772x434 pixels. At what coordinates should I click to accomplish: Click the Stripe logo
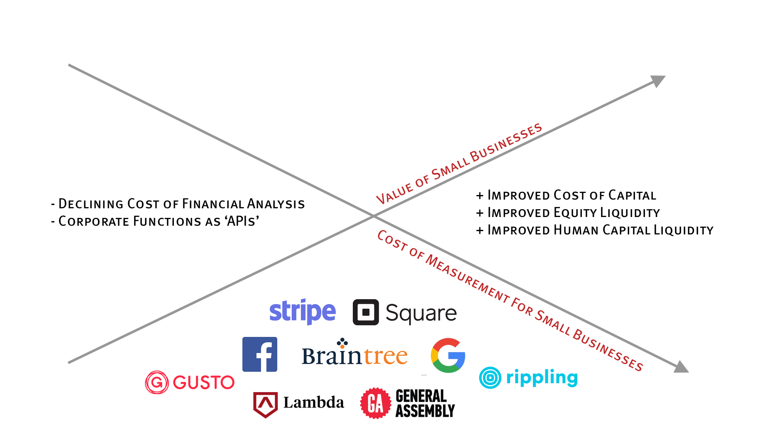pos(302,312)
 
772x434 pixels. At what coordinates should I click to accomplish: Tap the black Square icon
pos(366,312)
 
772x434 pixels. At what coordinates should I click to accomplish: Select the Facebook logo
pos(260,354)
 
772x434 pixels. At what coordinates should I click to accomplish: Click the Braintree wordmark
pos(354,356)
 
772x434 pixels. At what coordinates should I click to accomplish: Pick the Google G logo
pos(448,356)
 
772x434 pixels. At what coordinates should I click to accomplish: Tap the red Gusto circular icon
pos(157,382)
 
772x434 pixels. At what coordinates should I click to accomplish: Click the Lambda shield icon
pos(265,404)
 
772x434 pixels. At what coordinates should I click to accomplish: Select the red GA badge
pos(376,403)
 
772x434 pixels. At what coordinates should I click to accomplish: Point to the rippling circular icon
pos(490,378)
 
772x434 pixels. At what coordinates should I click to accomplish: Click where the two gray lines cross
pos(373,216)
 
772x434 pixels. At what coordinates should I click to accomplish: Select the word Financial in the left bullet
pos(213,204)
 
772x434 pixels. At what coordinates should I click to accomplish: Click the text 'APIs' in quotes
pos(242,221)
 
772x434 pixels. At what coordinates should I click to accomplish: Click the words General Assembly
pos(425,403)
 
